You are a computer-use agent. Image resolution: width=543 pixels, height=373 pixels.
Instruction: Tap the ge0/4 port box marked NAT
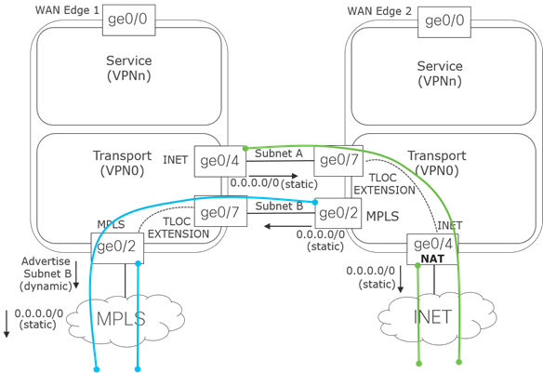tap(434, 250)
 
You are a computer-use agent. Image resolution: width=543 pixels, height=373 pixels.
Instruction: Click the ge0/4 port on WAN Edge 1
tap(219, 160)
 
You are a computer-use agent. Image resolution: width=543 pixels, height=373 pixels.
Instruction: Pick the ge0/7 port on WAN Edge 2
tap(338, 160)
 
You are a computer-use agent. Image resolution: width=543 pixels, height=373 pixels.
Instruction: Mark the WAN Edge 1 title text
tap(65, 9)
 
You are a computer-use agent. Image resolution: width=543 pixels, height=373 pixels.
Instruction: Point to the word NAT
tap(434, 259)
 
